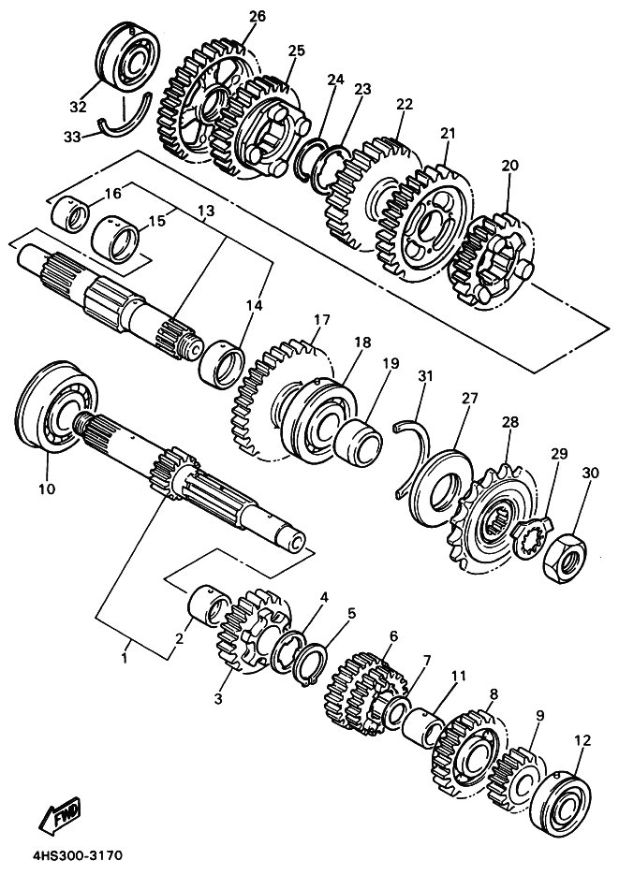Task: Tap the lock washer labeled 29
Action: point(530,538)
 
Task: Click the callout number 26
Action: point(258,17)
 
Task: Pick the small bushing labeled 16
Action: point(70,215)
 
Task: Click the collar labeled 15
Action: point(115,241)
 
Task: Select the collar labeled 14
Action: point(222,363)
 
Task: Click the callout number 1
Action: point(125,659)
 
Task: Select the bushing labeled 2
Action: point(209,606)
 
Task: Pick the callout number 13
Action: point(205,211)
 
